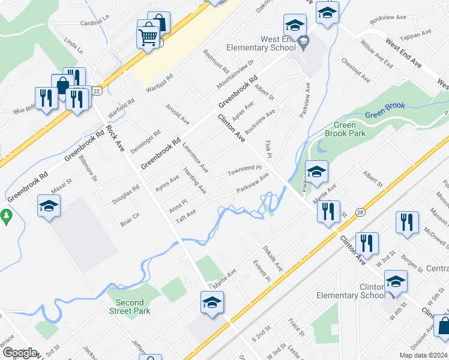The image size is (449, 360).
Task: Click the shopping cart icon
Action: point(147,37)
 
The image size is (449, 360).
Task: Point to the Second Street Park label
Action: point(130,307)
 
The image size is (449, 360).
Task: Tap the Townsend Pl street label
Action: point(245,172)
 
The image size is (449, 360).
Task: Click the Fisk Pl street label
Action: point(268,150)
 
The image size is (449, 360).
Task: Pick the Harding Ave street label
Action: point(194,182)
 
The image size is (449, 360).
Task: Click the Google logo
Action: point(20,353)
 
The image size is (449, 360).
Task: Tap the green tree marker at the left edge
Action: point(6,216)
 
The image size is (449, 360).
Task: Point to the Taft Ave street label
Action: point(185,217)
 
